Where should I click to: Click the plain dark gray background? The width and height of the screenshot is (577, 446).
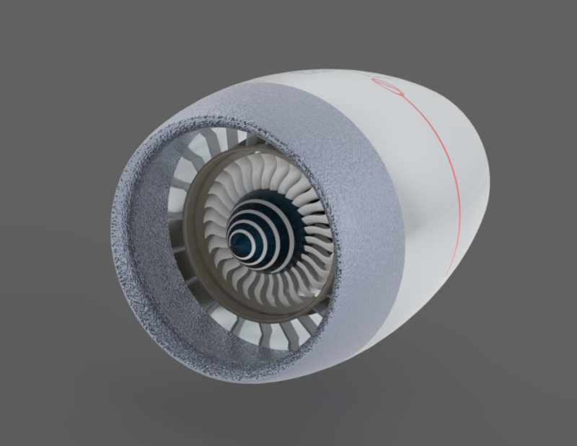click(72, 72)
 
